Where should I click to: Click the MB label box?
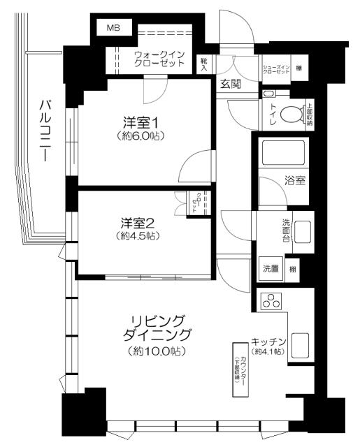(113, 28)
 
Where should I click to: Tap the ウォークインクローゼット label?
(159, 59)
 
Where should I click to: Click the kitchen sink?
(301, 345)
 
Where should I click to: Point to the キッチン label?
(269, 342)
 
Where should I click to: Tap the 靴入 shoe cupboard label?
(204, 64)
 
